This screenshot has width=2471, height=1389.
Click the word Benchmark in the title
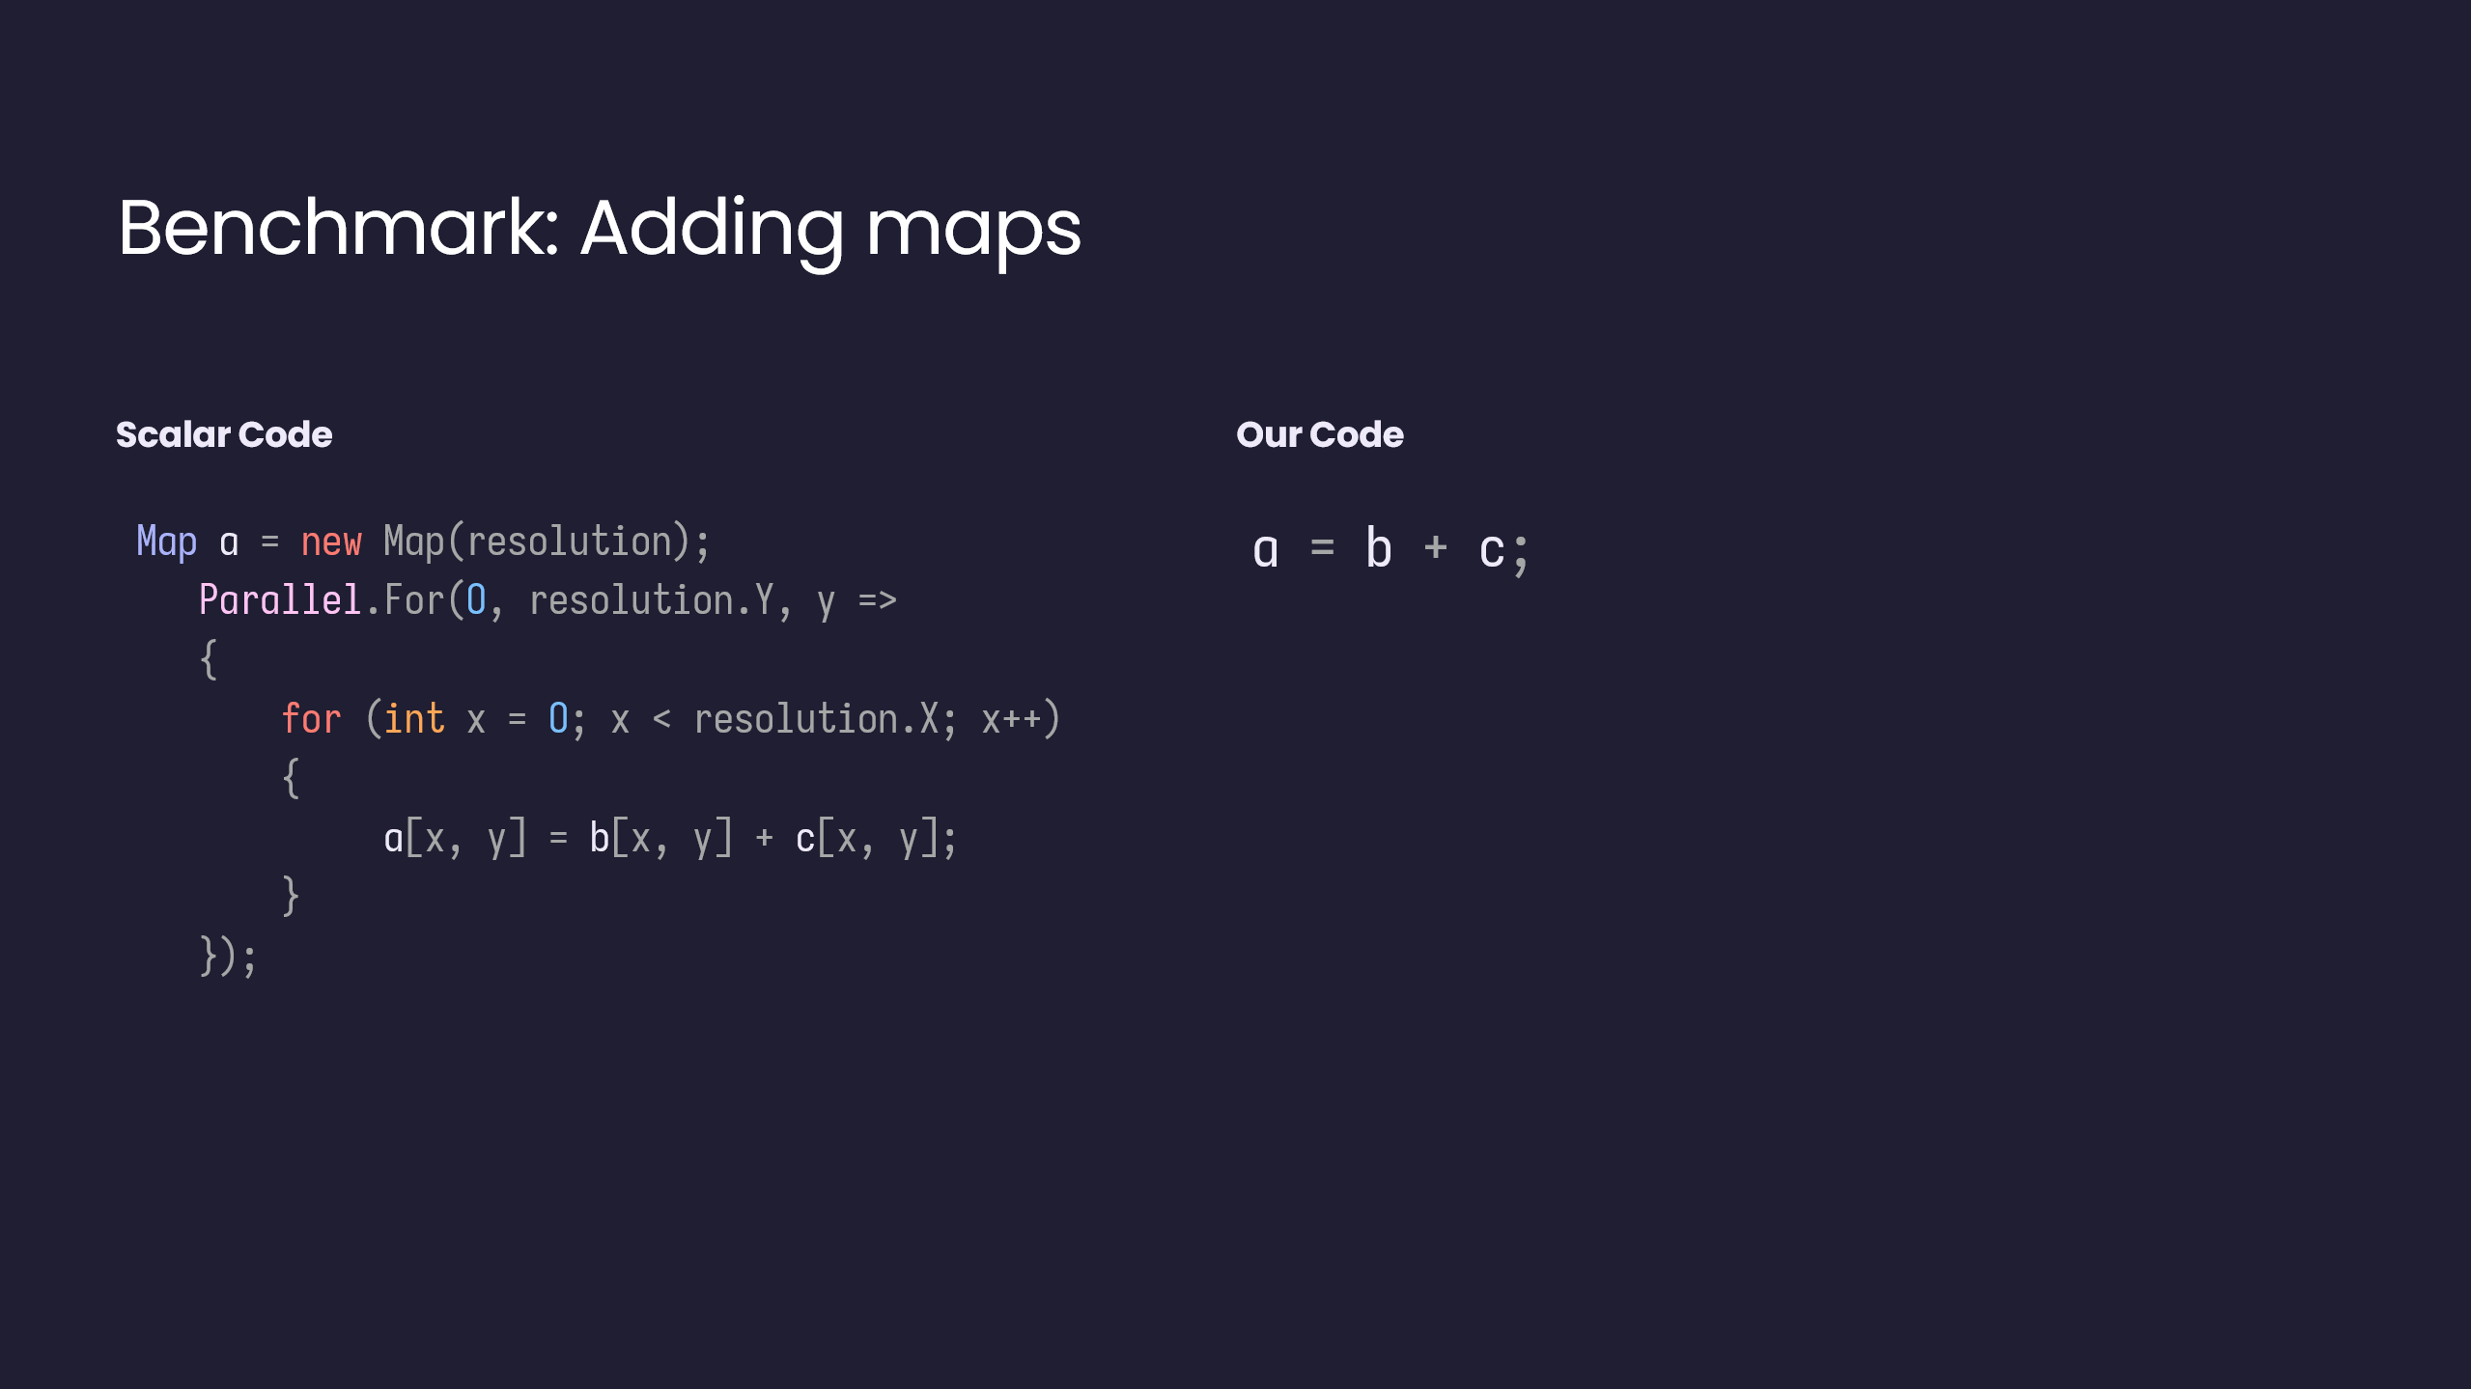[338, 228]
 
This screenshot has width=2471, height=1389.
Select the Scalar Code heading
[224, 434]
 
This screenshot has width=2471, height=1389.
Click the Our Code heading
[1320, 434]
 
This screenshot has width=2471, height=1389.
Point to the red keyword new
[331, 542]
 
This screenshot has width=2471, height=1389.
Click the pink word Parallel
[280, 599]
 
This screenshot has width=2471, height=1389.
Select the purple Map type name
[167, 542]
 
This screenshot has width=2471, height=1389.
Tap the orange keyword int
[414, 719]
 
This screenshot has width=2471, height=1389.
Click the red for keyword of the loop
[311, 719]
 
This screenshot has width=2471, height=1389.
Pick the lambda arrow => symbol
[878, 600]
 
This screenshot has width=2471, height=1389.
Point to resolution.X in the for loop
[816, 719]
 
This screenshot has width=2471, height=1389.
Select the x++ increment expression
[1012, 720]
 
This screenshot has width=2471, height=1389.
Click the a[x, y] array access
[455, 838]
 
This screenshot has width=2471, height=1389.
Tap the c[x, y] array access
[867, 838]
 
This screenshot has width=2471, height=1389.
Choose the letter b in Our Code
[1379, 548]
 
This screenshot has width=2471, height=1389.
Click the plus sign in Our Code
[1436, 547]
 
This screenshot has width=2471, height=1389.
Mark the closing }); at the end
[228, 957]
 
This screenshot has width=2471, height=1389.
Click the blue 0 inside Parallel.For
[476, 600]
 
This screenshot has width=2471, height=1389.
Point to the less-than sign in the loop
[661, 720]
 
